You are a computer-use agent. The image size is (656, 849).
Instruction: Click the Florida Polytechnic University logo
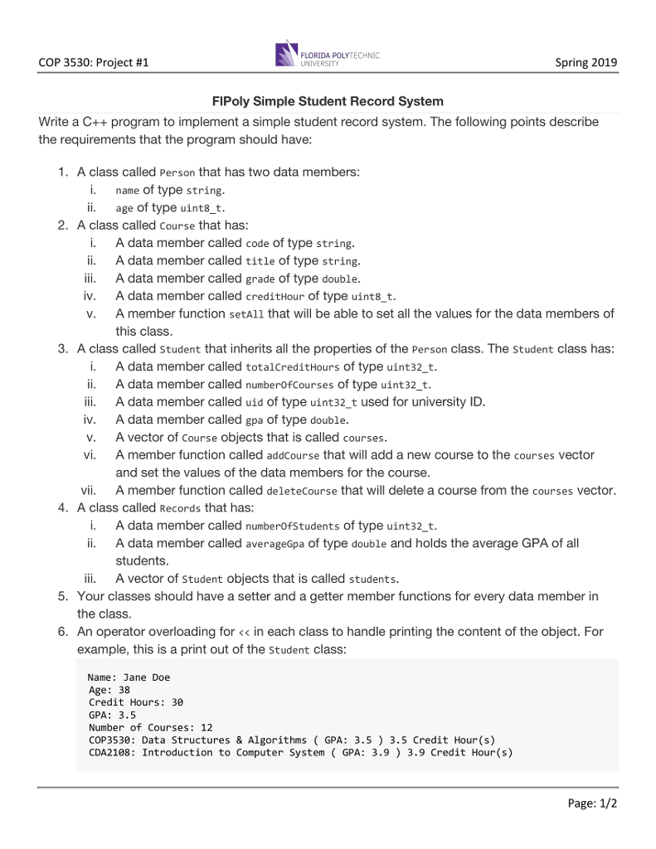[327, 54]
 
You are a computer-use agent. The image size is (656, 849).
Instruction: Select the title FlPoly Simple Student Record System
[328, 101]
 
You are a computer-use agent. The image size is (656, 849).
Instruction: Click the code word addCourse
[293, 456]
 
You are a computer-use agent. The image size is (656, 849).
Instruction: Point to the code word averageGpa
[275, 544]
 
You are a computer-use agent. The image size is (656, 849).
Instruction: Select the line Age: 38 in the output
[109, 690]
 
